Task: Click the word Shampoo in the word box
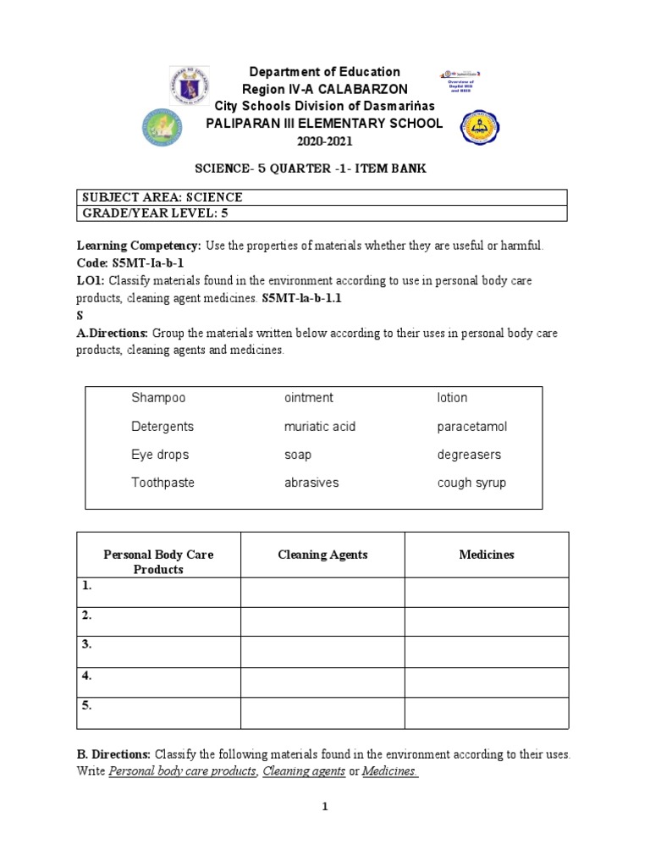(x=158, y=398)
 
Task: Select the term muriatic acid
(x=320, y=427)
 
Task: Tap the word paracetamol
(x=472, y=427)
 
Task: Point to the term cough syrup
(x=471, y=483)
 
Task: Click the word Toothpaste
(x=162, y=483)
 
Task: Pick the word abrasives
(x=311, y=483)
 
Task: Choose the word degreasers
(x=469, y=455)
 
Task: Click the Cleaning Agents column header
(x=322, y=555)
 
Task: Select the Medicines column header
(x=486, y=555)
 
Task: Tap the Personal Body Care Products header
(x=158, y=562)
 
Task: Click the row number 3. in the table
(x=87, y=645)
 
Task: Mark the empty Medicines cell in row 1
(x=486, y=592)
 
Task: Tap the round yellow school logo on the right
(x=480, y=127)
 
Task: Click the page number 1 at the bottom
(x=324, y=807)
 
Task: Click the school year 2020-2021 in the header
(x=322, y=140)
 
